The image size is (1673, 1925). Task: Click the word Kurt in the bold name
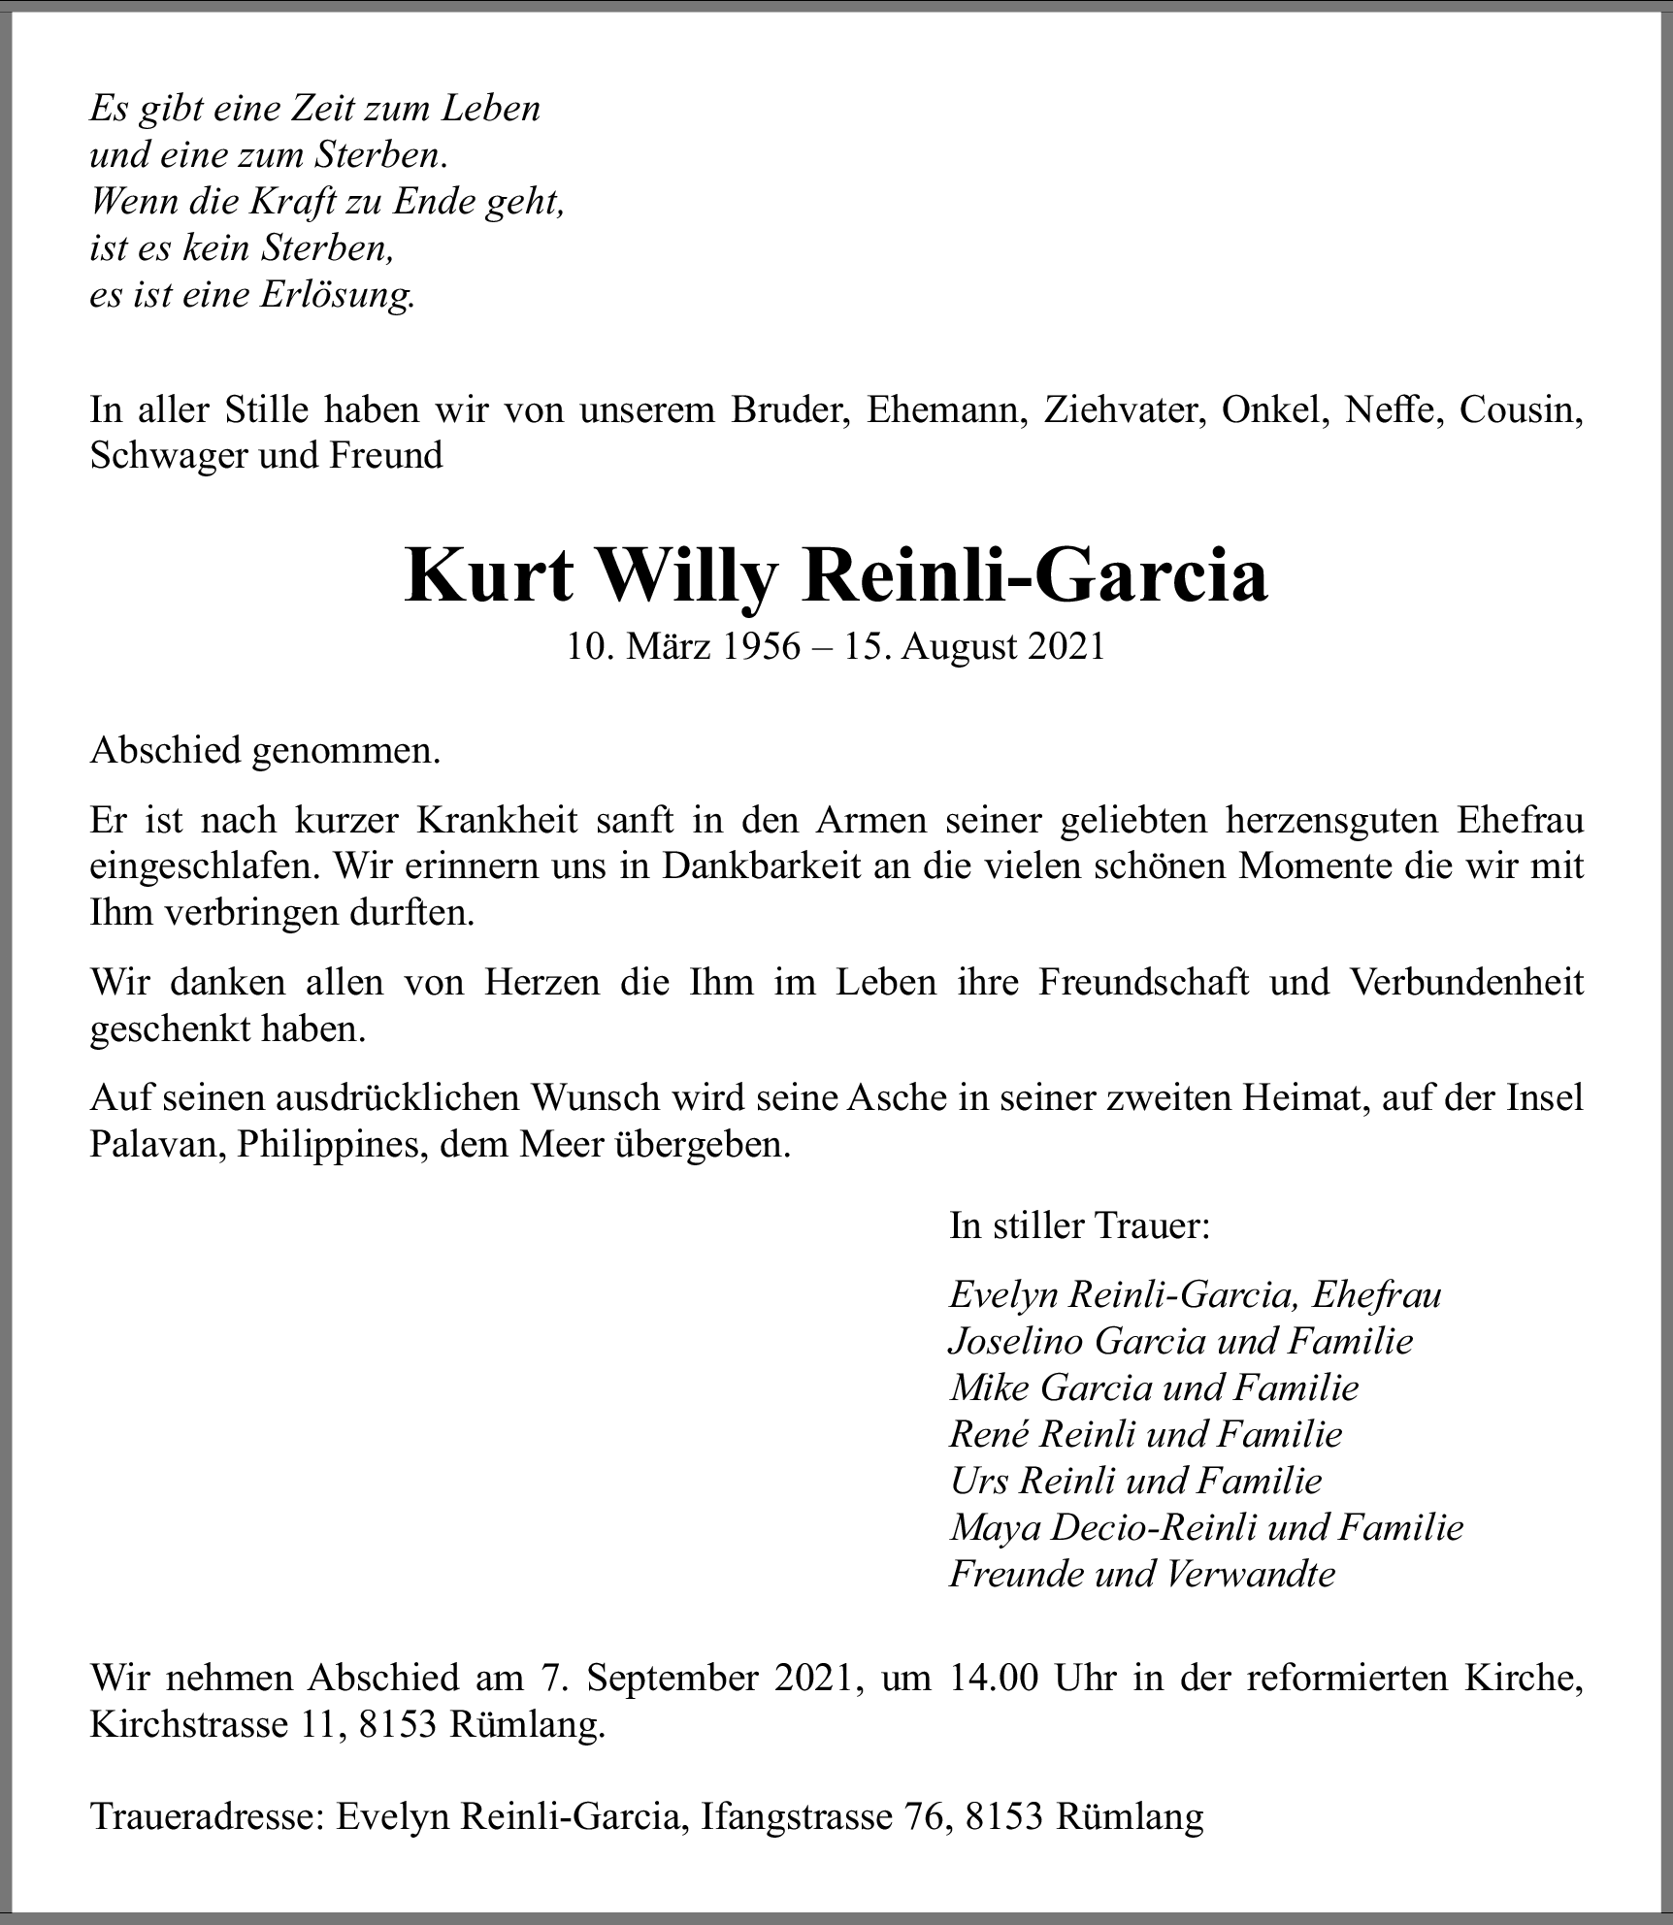coord(490,576)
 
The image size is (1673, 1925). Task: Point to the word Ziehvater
coord(1124,409)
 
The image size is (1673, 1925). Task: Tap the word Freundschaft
coord(1144,982)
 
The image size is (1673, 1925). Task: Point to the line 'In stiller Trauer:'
coord(1080,1226)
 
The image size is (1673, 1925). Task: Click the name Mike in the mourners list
coord(989,1387)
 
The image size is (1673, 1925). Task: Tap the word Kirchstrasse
coord(183,1724)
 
